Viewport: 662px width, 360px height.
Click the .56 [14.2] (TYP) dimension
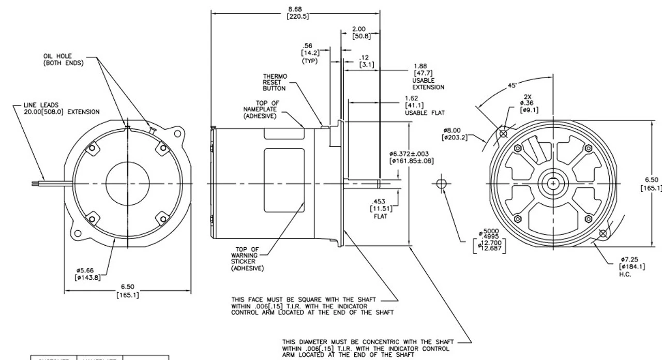point(310,53)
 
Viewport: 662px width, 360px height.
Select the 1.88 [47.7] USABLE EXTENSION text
point(428,77)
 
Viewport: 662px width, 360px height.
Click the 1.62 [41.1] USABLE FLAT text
point(424,105)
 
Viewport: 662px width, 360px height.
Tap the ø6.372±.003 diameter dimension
point(412,157)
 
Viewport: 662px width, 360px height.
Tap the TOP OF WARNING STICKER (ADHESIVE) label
point(247,259)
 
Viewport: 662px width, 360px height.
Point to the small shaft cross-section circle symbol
point(441,185)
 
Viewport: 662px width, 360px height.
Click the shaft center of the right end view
point(554,184)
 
